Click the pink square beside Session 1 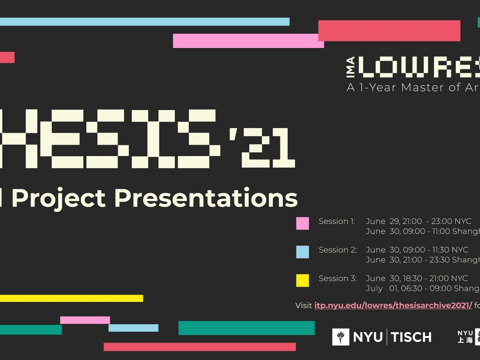coord(302,223)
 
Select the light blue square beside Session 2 coord(302,252)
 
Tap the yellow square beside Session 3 coord(302,280)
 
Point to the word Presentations coord(206,198)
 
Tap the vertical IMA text coord(350,67)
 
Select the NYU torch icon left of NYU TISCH coord(341,337)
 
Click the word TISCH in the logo coord(411,337)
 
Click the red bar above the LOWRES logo coord(389,31)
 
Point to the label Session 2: coord(337,250)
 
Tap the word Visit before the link coord(304,306)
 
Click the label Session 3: coord(337,278)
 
